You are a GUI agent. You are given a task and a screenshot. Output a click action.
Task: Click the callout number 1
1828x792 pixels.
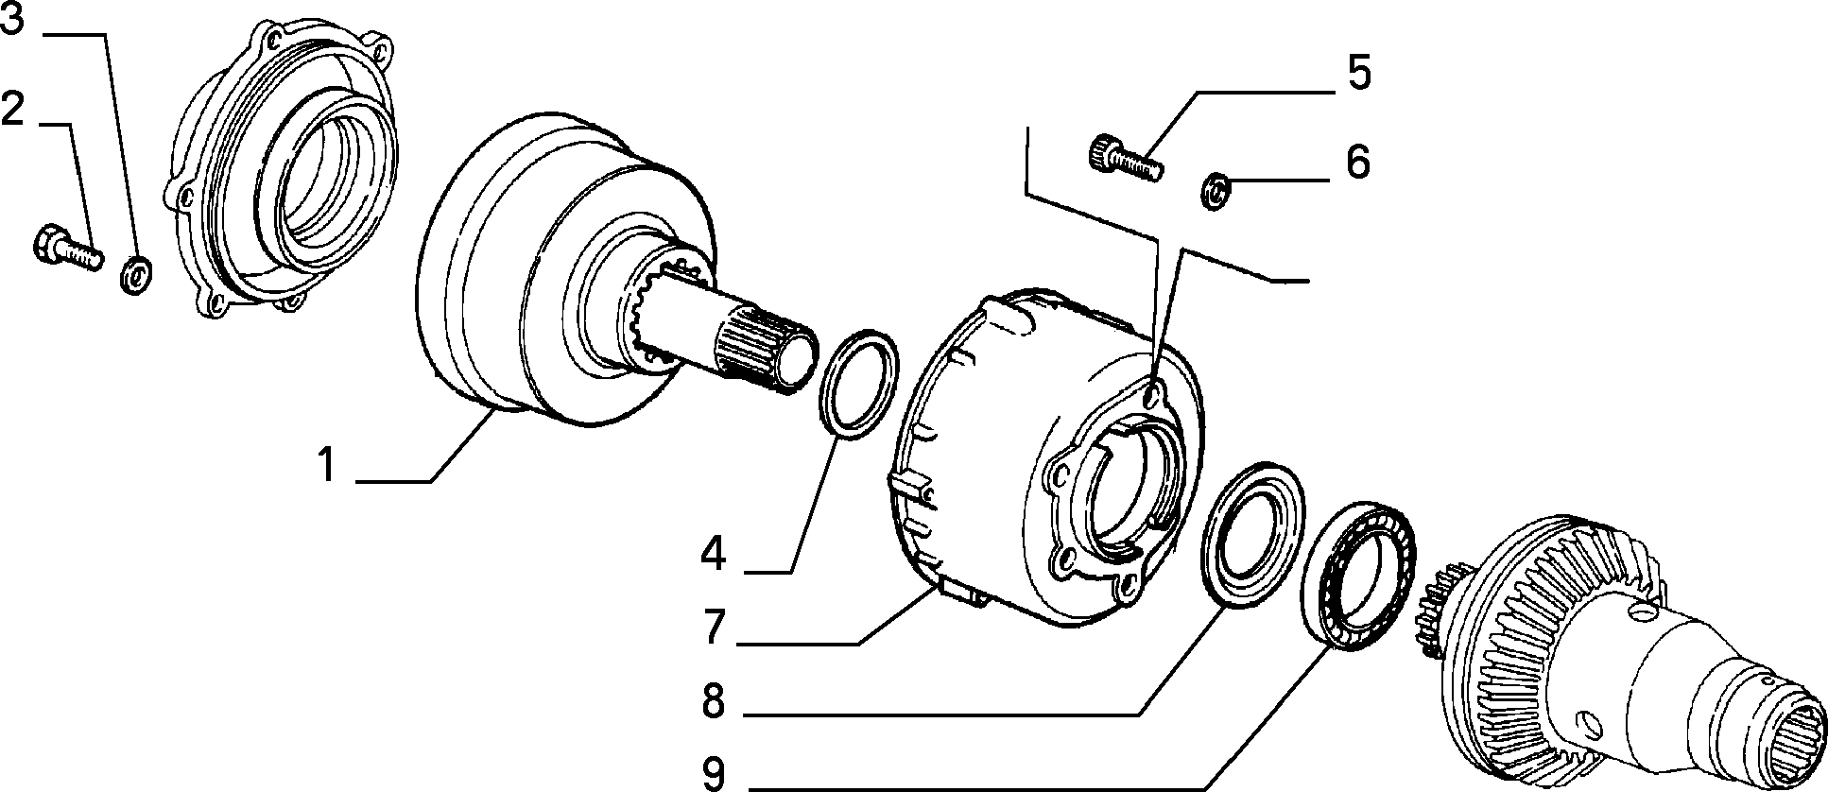(326, 466)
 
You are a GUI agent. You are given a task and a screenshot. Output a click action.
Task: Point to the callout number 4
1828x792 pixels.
(714, 554)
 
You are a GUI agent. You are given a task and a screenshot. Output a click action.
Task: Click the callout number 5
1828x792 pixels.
(1358, 73)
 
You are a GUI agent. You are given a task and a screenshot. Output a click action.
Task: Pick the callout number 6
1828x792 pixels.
(1358, 162)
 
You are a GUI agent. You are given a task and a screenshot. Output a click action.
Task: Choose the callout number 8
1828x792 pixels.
(714, 701)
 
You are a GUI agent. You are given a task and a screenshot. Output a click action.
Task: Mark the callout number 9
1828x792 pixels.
(714, 773)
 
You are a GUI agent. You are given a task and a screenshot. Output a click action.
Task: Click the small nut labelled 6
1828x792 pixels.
(1216, 189)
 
